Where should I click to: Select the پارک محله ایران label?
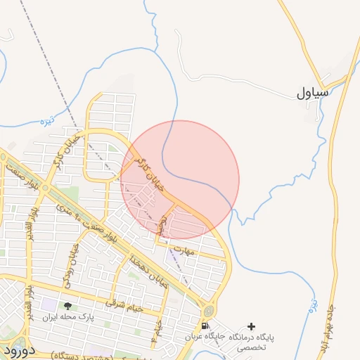(59, 318)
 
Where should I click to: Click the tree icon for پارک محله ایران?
(67, 306)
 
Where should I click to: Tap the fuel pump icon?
(204, 326)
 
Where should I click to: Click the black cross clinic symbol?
(252, 326)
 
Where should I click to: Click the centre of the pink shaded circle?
(180, 179)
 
